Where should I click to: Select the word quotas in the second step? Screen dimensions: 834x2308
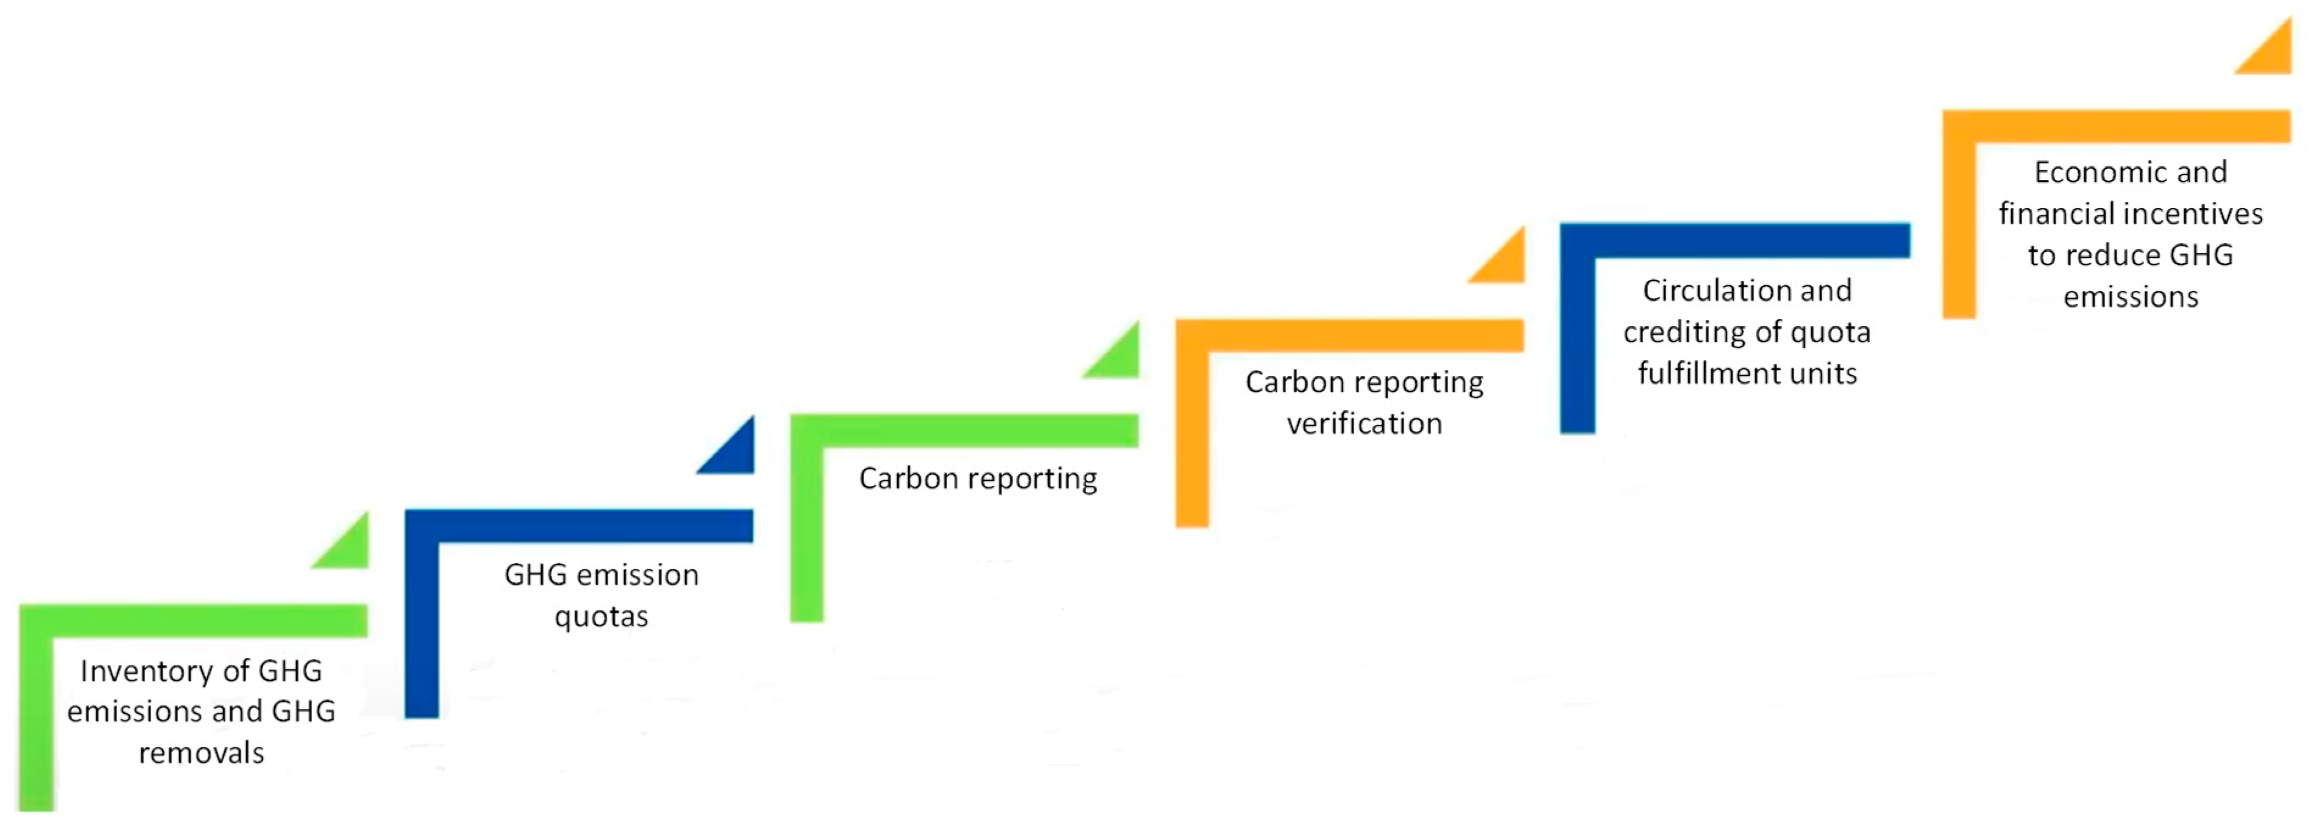click(601, 617)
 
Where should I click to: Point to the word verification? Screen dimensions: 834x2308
click(1365, 424)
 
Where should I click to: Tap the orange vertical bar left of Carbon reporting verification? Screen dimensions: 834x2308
click(1191, 439)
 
